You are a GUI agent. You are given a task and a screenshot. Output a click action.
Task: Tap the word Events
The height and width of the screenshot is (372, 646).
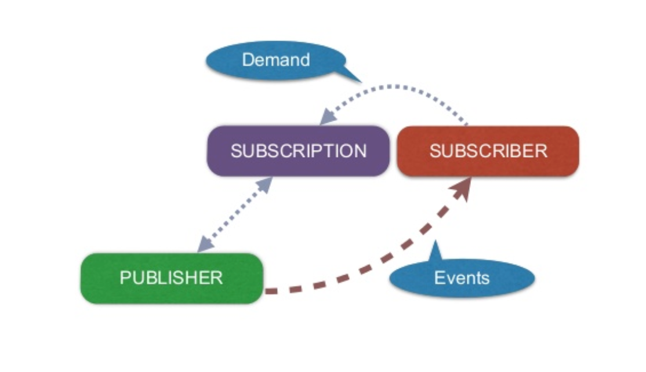click(462, 278)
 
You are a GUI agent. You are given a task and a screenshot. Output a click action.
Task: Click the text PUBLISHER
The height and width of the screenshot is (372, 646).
click(171, 278)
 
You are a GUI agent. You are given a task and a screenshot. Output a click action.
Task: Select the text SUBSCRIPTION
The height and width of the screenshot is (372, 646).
click(299, 151)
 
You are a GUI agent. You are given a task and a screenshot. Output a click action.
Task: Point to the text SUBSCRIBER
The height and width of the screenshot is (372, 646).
click(488, 151)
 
